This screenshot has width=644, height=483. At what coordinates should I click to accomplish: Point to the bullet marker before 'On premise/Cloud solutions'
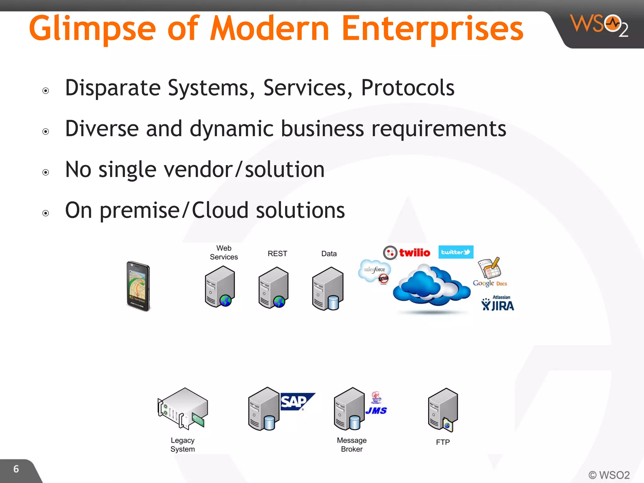point(46,213)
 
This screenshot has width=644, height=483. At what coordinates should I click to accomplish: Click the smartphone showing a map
point(138,286)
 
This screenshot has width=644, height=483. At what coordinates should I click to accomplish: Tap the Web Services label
point(224,253)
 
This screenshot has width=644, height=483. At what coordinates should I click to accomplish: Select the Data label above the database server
point(329,253)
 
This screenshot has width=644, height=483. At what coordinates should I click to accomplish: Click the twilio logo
point(407,253)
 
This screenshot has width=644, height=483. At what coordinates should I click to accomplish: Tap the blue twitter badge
point(456,252)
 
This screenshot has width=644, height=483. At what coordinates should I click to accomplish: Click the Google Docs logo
point(490,272)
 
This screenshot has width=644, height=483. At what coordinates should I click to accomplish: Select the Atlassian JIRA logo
point(498,303)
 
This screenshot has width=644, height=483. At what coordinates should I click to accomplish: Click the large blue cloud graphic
point(431,286)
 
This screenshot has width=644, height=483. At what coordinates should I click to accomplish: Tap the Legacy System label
point(183,445)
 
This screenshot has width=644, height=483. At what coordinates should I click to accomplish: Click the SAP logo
point(296,402)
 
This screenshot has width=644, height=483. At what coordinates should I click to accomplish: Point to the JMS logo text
point(376,410)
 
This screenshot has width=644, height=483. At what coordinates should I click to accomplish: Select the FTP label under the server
point(443,442)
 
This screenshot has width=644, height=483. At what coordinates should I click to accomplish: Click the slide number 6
point(16,469)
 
